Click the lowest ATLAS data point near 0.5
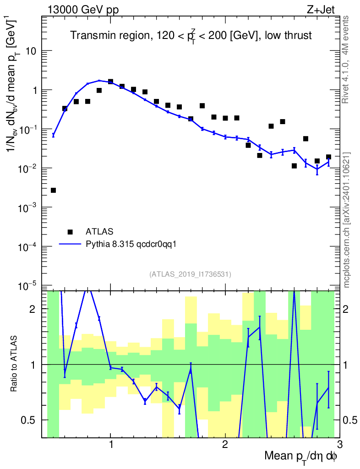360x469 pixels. (53, 190)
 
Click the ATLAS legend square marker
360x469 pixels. (70, 232)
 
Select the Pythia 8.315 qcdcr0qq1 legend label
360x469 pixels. (131, 244)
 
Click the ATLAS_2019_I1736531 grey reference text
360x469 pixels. (190, 274)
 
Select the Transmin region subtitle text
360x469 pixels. (191, 36)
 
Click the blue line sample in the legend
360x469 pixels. (70, 244)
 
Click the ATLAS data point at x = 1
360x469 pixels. (110, 82)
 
